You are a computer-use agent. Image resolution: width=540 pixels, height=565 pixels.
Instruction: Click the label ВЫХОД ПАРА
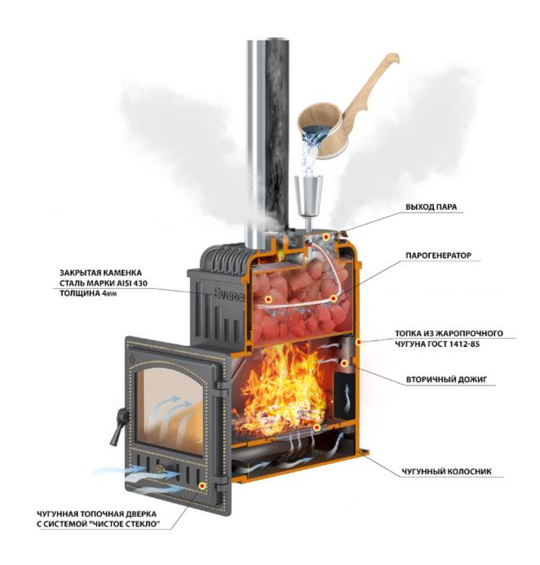coord(431,207)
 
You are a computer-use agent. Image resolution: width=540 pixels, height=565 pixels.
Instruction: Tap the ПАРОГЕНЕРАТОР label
coord(438,256)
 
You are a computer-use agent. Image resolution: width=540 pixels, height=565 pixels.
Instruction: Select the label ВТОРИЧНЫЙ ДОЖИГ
coord(446,380)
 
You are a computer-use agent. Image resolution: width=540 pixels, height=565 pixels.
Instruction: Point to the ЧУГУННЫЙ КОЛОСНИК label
coord(446,471)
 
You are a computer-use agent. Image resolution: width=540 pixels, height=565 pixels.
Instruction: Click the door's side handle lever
coord(119,427)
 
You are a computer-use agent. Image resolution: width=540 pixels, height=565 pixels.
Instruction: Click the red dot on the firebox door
coord(202,486)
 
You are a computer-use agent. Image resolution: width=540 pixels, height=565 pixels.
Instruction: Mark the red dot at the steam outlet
coord(326,237)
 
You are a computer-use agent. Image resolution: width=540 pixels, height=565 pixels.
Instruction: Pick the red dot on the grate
coord(316,428)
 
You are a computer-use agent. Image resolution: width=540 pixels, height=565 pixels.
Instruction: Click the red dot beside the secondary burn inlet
coord(344,363)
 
